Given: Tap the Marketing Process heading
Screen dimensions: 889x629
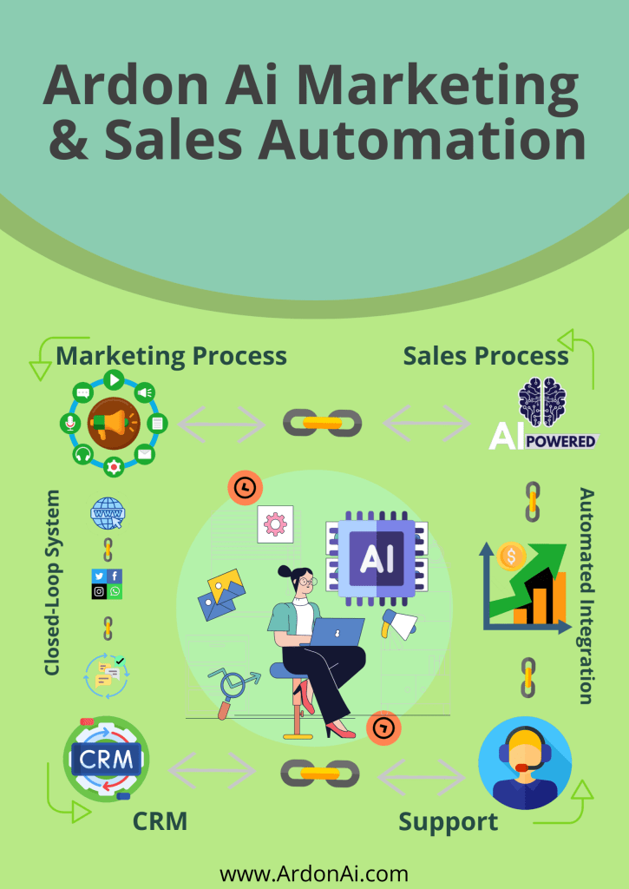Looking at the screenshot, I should (x=171, y=355).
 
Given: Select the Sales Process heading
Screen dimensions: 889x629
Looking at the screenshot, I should (x=486, y=355).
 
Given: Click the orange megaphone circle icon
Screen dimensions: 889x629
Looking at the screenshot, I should (x=114, y=424).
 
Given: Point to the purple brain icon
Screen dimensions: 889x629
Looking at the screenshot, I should (x=541, y=403).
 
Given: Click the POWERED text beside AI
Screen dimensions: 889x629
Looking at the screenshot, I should (x=561, y=441).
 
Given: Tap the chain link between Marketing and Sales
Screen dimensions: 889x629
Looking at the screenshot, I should (x=323, y=423).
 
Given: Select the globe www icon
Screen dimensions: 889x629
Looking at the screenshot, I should (x=108, y=513).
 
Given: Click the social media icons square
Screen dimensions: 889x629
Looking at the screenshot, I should (x=107, y=583).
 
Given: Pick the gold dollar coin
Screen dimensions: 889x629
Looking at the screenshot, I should (x=512, y=556).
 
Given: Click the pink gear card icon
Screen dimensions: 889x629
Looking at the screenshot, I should (x=275, y=524).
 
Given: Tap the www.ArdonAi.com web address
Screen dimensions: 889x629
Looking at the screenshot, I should (x=314, y=873).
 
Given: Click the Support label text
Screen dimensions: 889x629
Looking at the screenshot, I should (x=449, y=821).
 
